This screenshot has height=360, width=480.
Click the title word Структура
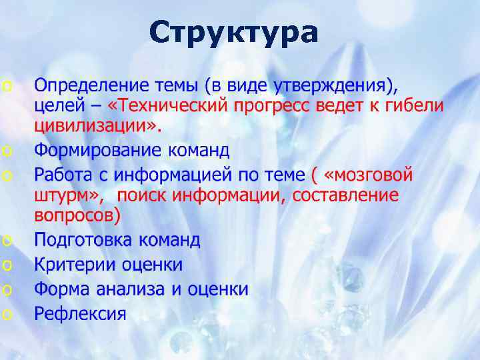233,32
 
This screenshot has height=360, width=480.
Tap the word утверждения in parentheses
333,86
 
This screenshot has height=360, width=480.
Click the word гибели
414,107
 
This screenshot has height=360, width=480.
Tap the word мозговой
373,175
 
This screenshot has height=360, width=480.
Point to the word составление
346,195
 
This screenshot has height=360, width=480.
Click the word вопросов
74,216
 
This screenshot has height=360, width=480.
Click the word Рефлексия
80,313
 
